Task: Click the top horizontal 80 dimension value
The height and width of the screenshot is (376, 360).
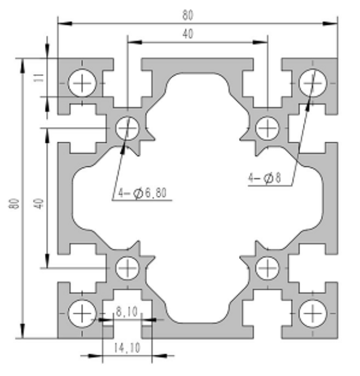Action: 188,15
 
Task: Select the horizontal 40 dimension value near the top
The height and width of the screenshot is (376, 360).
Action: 188,34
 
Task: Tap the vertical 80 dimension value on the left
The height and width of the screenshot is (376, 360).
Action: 14,204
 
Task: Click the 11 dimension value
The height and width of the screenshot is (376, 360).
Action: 39,78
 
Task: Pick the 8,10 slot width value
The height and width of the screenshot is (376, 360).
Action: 127,312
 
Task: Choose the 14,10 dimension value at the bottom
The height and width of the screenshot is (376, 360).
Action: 127,348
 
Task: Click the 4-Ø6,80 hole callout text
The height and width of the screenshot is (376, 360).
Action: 142,193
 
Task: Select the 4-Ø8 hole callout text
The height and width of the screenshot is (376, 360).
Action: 264,178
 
